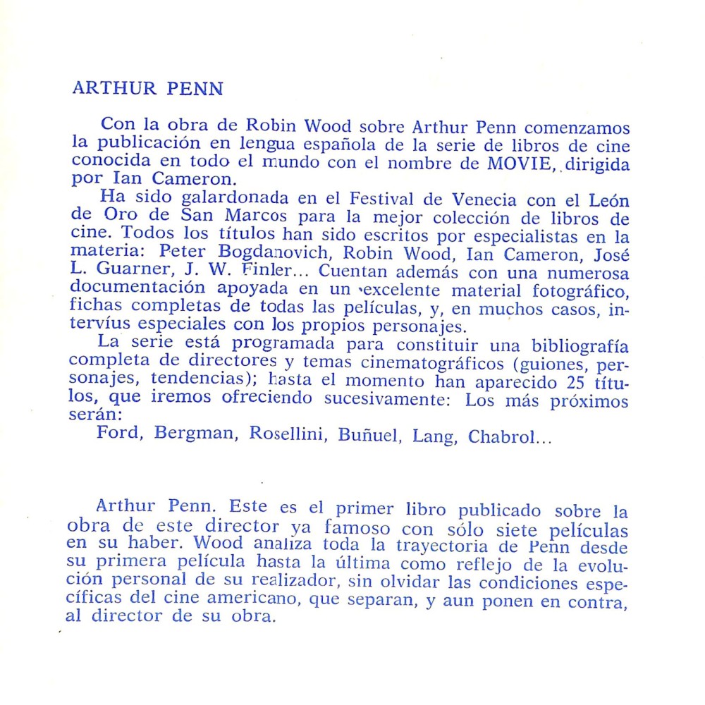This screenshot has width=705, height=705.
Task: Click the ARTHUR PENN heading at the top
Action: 147,89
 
